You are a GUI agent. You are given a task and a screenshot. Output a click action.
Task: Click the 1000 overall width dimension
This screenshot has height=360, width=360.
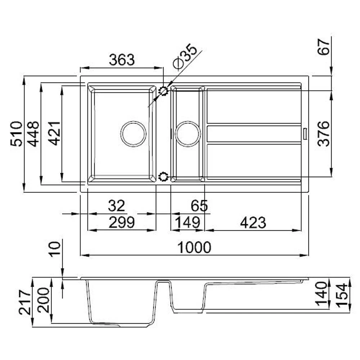[x=194, y=248]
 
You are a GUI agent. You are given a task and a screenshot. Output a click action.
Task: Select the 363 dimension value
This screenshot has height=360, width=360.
[x=122, y=60]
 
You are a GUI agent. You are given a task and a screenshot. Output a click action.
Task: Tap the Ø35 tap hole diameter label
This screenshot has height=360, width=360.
[x=185, y=57]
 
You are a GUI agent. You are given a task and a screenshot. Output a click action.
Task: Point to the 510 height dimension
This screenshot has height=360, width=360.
[x=17, y=134]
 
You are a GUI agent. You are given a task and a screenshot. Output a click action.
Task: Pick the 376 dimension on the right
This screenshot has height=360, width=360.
[x=324, y=134]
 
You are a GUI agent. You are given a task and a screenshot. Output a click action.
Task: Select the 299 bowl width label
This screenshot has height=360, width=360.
[x=122, y=223]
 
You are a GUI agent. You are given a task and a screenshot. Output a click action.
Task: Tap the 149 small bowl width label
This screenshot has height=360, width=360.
[x=187, y=223]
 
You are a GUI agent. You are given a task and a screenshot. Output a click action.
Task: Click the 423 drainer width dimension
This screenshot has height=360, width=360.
[x=253, y=223]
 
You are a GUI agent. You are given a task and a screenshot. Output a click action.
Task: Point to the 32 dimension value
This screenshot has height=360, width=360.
[x=117, y=206]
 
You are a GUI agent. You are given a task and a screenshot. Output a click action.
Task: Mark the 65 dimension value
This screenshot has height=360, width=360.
[x=199, y=206]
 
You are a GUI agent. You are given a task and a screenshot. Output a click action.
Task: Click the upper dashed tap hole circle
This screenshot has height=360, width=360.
[x=164, y=91]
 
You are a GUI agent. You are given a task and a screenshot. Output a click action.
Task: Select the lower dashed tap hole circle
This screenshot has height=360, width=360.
[x=163, y=176]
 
